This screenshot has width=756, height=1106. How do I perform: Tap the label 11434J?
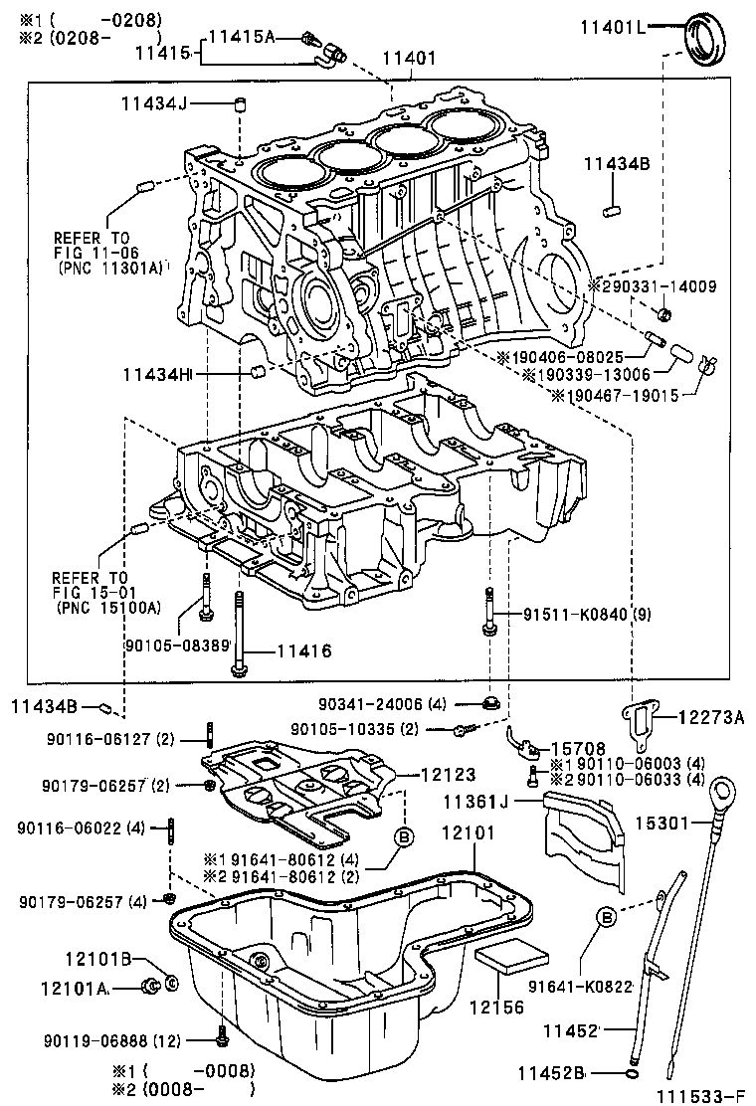tap(154, 103)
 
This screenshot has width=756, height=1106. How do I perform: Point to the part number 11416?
tap(303, 651)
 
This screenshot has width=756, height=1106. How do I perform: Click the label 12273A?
tap(711, 716)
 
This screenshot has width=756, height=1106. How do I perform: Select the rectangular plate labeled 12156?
tap(512, 958)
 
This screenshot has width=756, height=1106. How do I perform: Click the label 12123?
tap(448, 773)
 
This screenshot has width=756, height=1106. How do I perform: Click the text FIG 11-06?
tap(91, 253)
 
